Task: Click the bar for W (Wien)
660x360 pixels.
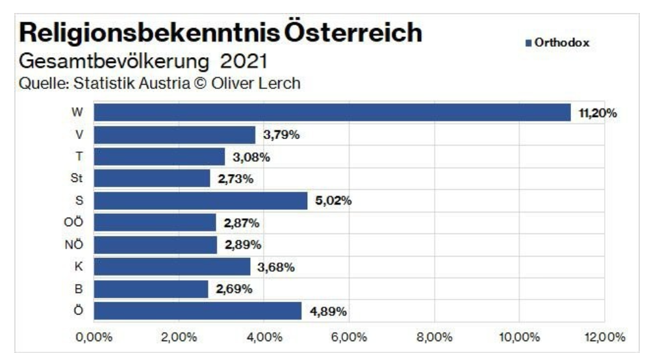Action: click(x=332, y=113)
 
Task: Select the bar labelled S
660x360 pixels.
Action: click(x=200, y=201)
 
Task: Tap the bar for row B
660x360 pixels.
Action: click(x=151, y=289)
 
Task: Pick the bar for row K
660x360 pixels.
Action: click(x=171, y=267)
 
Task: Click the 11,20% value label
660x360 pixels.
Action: click(x=597, y=113)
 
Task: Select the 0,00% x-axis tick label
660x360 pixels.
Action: click(x=95, y=337)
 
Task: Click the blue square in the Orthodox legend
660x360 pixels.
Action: click(x=528, y=44)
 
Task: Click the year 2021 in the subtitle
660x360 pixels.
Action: click(x=245, y=63)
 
